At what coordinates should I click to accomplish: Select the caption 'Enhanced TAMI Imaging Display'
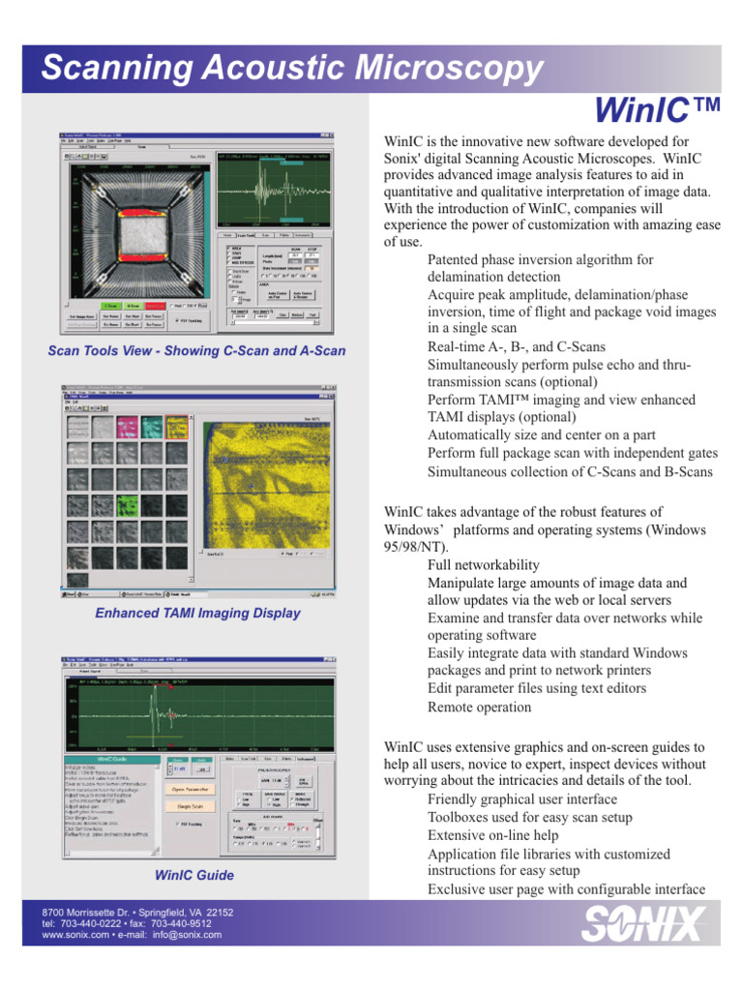197,613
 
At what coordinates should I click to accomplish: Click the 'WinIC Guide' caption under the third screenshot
193,875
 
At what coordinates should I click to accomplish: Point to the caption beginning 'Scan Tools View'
196,350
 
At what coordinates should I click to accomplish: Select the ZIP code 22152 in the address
215,912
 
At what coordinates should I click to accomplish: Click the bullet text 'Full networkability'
483,565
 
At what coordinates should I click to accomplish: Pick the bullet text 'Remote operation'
479,706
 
